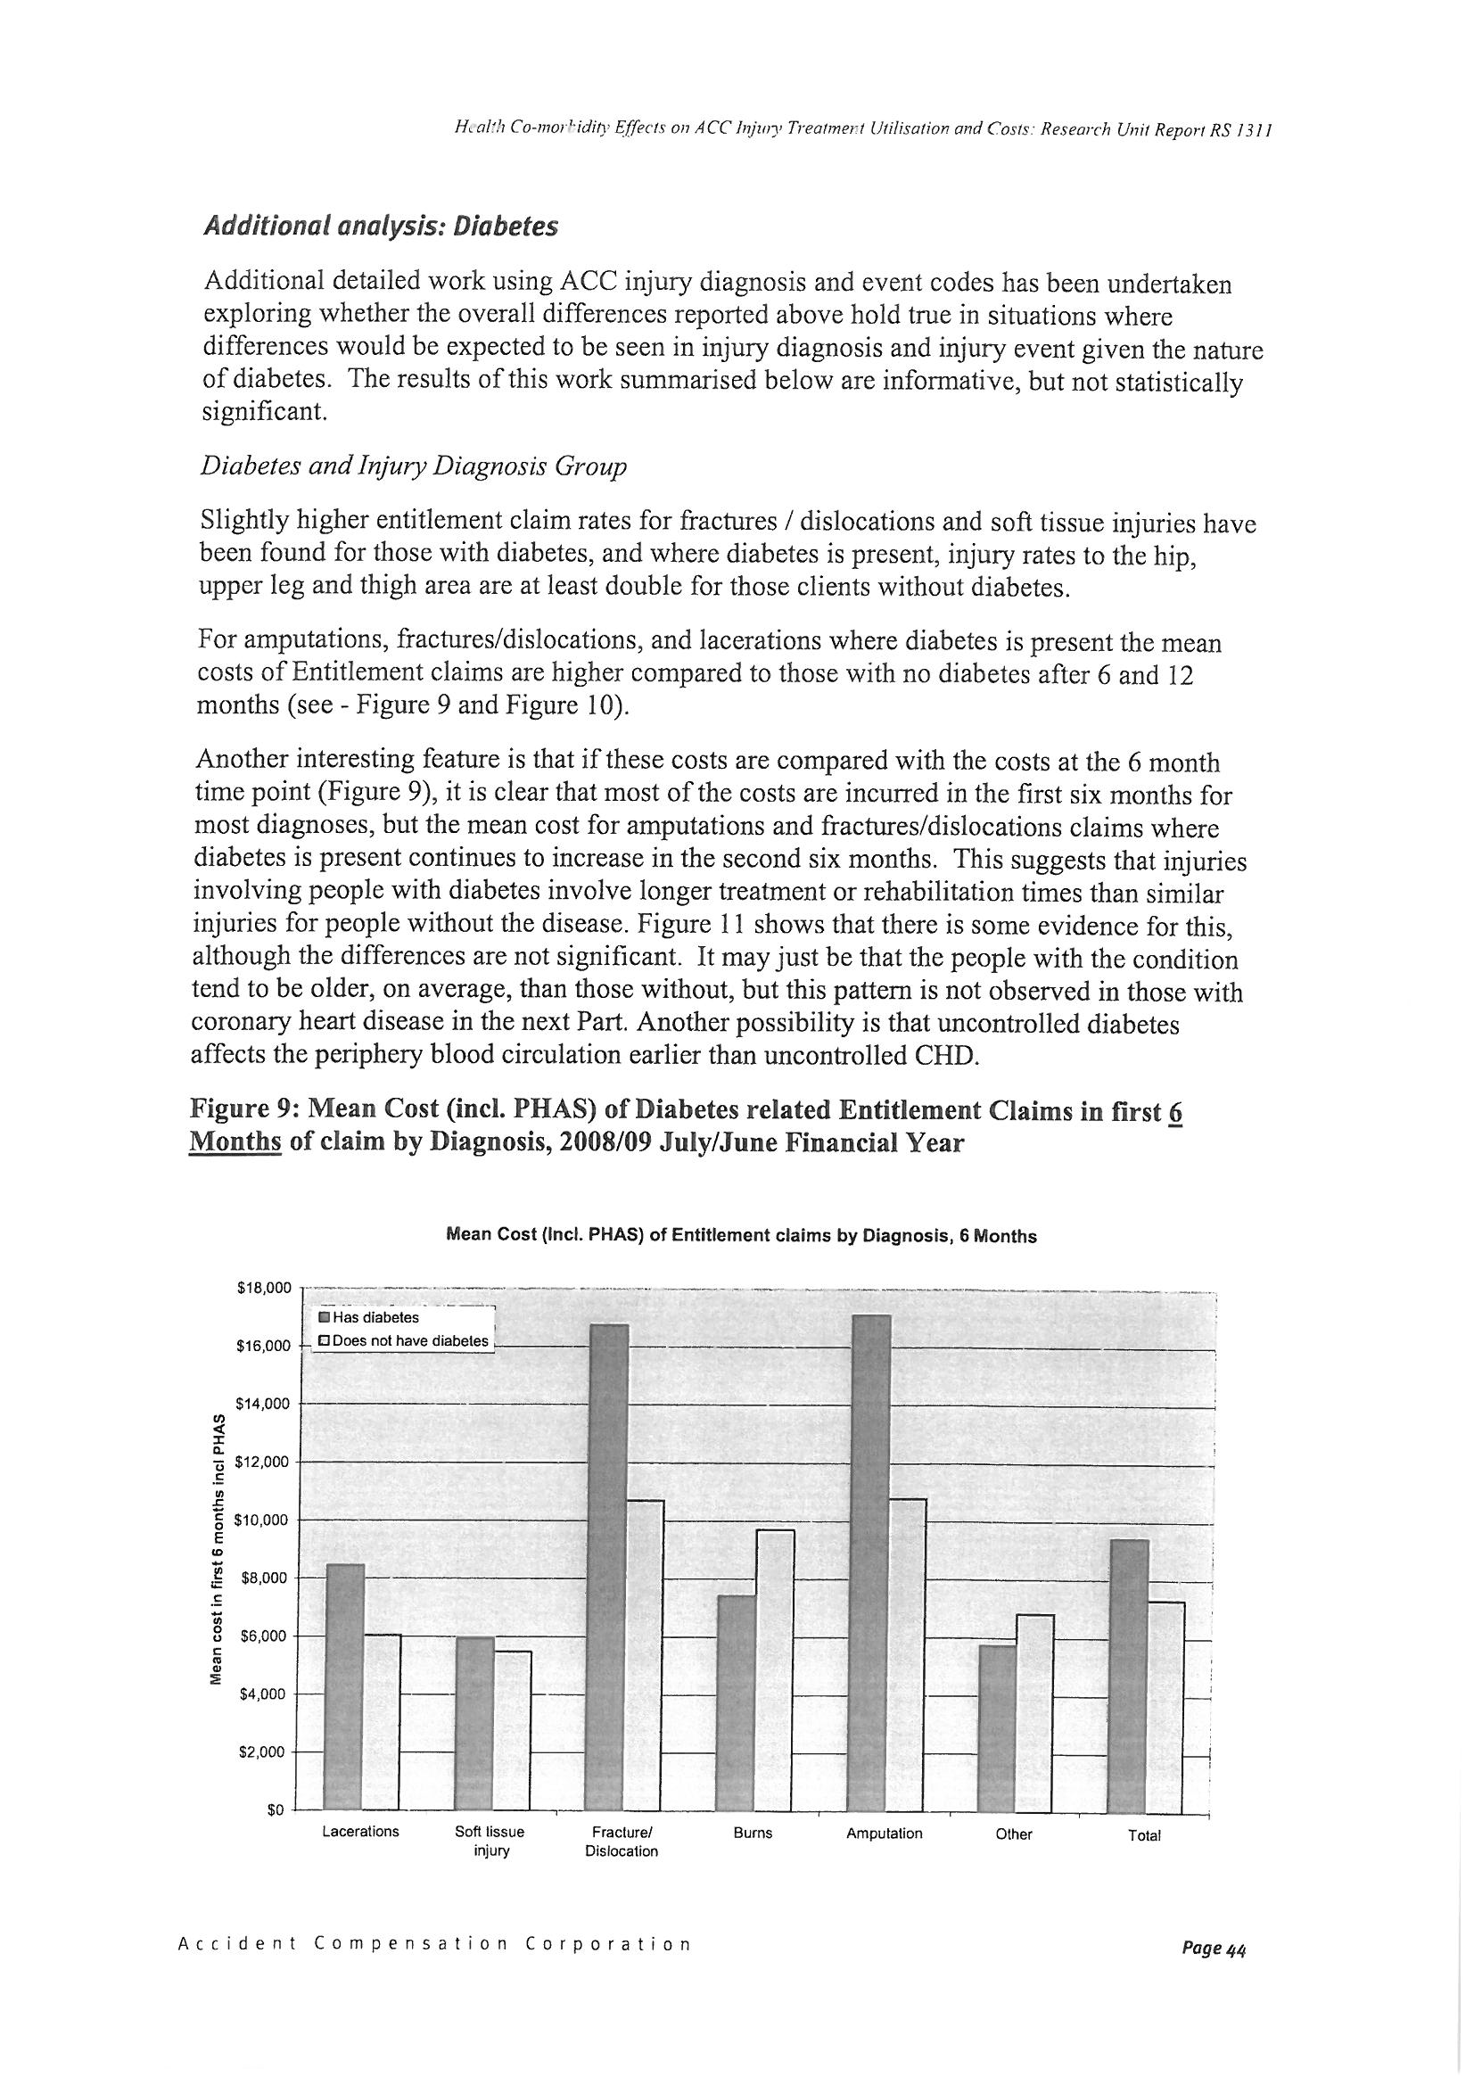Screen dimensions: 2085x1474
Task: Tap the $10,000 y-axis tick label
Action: pos(262,1520)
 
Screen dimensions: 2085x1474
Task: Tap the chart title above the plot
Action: pos(741,1236)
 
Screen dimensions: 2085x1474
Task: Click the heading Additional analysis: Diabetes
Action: pos(380,227)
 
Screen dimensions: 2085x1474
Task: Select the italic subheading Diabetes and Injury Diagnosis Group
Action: pos(413,466)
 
